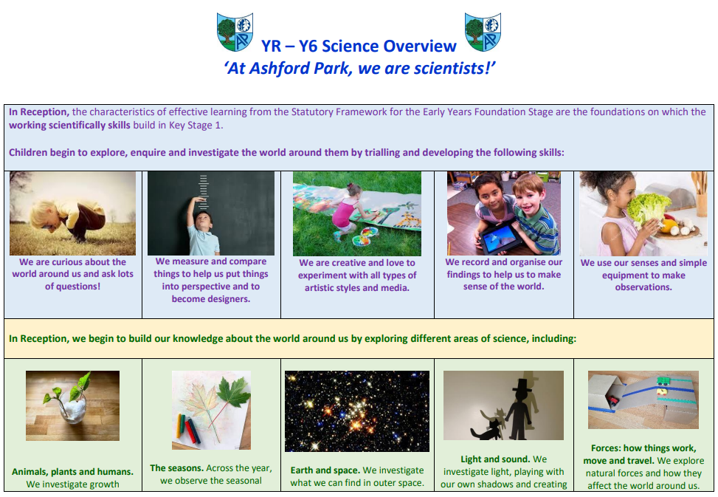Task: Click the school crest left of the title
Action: [235, 32]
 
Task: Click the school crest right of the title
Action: [483, 32]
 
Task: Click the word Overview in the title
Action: [419, 47]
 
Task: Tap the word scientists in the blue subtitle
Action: [449, 68]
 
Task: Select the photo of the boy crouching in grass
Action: [73, 213]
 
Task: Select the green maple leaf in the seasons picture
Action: [234, 393]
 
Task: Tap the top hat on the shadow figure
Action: [522, 385]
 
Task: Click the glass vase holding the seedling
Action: [74, 410]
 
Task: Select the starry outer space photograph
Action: [357, 411]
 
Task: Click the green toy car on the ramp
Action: [663, 380]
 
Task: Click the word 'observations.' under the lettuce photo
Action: [643, 287]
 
